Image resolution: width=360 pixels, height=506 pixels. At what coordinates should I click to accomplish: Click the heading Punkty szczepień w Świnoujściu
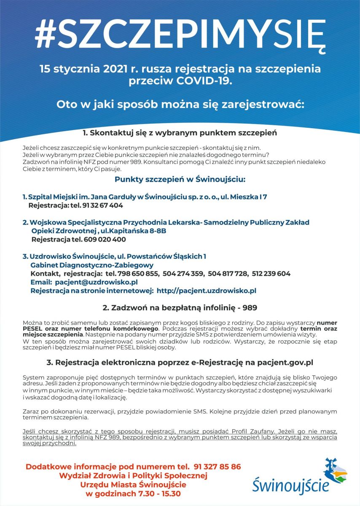click(x=180, y=180)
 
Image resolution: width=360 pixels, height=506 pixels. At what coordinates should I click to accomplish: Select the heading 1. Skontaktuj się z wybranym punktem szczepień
click(x=180, y=133)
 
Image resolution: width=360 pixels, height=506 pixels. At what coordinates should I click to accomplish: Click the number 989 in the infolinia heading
click(x=249, y=308)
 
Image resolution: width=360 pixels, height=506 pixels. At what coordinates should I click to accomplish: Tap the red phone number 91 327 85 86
click(x=218, y=467)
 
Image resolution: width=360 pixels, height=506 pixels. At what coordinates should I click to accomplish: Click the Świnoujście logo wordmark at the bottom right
click(x=290, y=485)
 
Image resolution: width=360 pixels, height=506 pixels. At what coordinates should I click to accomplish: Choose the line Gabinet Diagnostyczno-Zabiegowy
click(x=92, y=265)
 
